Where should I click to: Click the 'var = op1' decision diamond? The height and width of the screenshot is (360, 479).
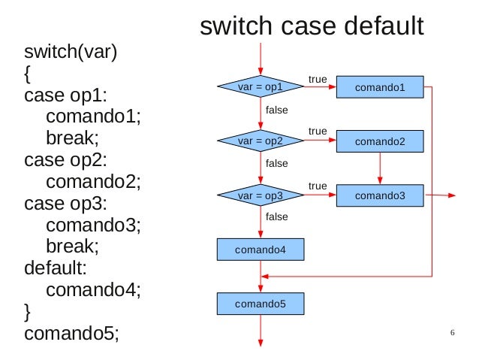click(x=261, y=86)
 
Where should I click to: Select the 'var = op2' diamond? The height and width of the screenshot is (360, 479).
click(x=261, y=141)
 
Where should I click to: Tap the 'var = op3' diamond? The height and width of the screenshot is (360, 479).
click(x=261, y=195)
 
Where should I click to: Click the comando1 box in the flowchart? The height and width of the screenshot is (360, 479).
click(x=380, y=87)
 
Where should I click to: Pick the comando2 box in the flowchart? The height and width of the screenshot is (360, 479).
click(x=380, y=141)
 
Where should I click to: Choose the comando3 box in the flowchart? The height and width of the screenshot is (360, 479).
click(x=380, y=195)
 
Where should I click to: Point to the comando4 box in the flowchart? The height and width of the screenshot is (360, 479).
click(x=261, y=250)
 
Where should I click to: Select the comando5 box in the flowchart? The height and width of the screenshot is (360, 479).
click(x=261, y=304)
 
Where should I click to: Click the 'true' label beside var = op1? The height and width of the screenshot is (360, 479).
click(x=318, y=79)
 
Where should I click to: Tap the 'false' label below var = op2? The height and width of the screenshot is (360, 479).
click(x=277, y=163)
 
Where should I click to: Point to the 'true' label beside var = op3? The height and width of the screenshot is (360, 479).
click(x=318, y=186)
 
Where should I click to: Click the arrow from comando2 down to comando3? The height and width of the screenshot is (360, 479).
click(x=380, y=168)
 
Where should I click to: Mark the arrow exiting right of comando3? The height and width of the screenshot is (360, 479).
click(x=440, y=195)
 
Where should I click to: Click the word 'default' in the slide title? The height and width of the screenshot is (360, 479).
click(x=384, y=26)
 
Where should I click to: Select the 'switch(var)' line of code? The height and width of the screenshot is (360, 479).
click(x=71, y=52)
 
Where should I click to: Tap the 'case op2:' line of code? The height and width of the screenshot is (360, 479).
click(x=65, y=160)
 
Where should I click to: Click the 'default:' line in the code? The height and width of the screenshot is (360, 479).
click(x=56, y=268)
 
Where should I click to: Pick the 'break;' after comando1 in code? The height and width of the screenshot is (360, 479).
click(x=72, y=138)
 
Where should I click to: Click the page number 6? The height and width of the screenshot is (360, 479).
click(x=453, y=332)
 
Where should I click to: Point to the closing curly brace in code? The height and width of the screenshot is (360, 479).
click(x=27, y=312)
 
